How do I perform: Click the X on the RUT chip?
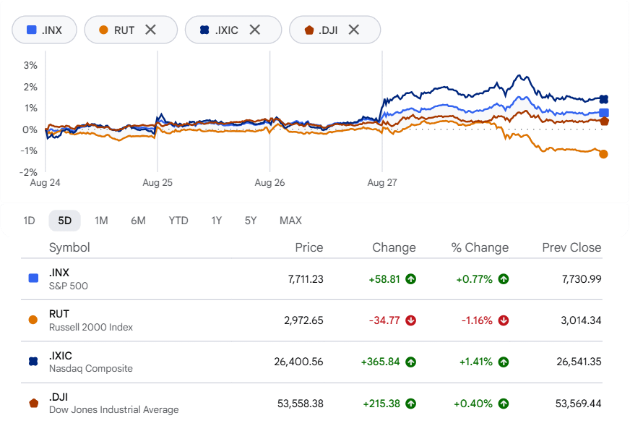click(151, 30)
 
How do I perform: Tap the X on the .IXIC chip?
click(255, 30)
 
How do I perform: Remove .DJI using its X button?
click(353, 30)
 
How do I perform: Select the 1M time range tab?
click(101, 221)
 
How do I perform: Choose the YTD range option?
click(178, 221)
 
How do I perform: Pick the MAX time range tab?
click(290, 221)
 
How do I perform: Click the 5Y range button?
click(250, 221)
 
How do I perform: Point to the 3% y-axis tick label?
click(30, 65)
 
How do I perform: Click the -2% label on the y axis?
click(28, 172)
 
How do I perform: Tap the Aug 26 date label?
click(269, 183)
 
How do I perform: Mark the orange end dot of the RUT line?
click(603, 154)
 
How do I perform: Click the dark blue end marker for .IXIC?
click(603, 99)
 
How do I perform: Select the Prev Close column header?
click(571, 247)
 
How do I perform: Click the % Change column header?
click(480, 247)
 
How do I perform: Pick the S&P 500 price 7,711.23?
click(306, 279)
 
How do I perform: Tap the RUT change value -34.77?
click(384, 320)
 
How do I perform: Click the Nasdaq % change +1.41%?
click(475, 362)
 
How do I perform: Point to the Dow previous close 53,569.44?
click(579, 404)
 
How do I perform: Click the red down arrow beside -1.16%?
click(504, 320)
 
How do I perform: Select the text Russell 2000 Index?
click(91, 328)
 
